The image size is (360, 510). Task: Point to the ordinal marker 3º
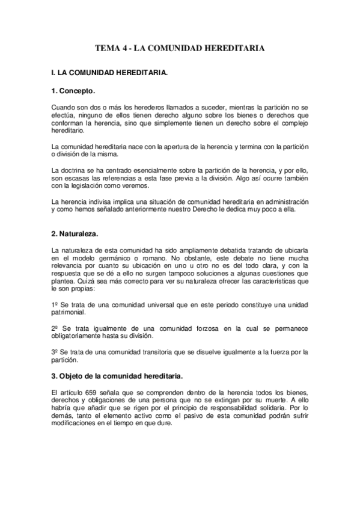[x=55, y=351]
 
